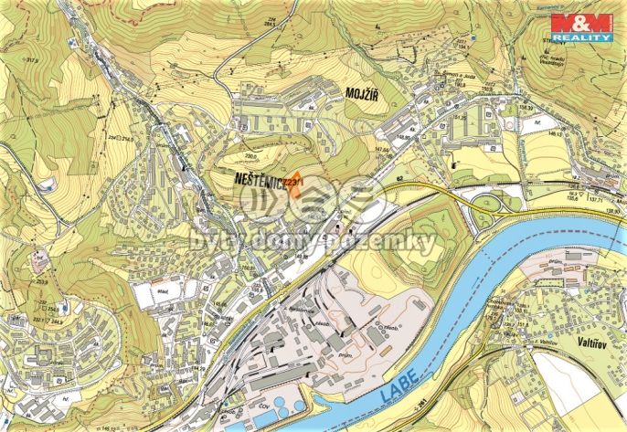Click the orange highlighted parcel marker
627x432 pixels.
tap(294, 183)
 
